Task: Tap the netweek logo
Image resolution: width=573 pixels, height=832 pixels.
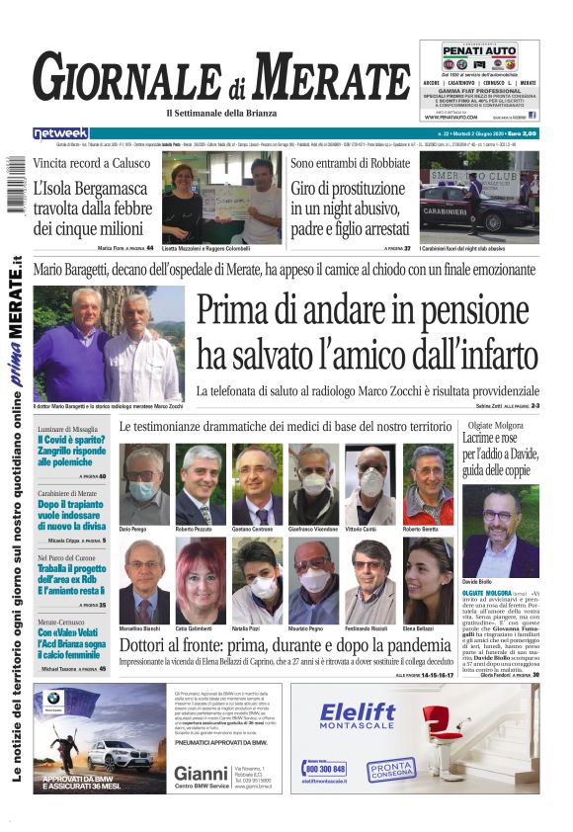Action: tap(60, 133)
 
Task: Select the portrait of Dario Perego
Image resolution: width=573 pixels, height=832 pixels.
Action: tap(144, 484)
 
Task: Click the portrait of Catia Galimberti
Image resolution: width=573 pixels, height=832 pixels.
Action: tap(201, 581)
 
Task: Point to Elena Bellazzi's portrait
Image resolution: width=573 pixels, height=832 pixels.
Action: tap(428, 581)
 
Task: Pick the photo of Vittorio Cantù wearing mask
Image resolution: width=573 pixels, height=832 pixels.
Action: tap(370, 484)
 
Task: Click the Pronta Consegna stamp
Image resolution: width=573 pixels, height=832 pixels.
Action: tap(391, 768)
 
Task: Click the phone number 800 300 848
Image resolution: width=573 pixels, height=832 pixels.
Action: tap(325, 769)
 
